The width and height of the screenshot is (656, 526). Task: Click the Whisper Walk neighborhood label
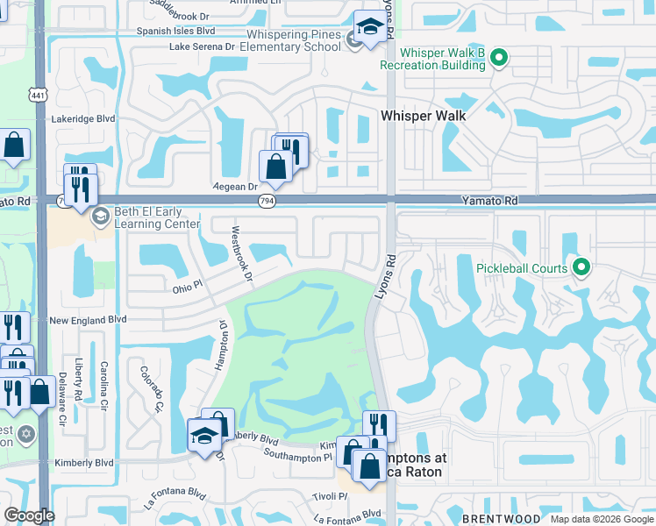[423, 115]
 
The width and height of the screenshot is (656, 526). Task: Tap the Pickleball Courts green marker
[579, 267]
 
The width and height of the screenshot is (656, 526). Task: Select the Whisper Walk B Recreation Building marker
[499, 59]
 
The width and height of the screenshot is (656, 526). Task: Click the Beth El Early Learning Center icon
[101, 215]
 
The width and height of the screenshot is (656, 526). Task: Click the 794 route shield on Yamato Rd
[266, 202]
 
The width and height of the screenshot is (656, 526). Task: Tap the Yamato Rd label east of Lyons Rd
[489, 201]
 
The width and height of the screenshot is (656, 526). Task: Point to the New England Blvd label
[88, 321]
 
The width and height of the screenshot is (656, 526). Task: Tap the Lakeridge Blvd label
[83, 118]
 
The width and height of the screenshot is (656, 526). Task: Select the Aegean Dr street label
[235, 187]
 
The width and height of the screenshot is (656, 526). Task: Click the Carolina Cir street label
[103, 385]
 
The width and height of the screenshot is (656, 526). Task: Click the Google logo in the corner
[29, 515]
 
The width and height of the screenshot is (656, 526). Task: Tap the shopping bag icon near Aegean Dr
[275, 166]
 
